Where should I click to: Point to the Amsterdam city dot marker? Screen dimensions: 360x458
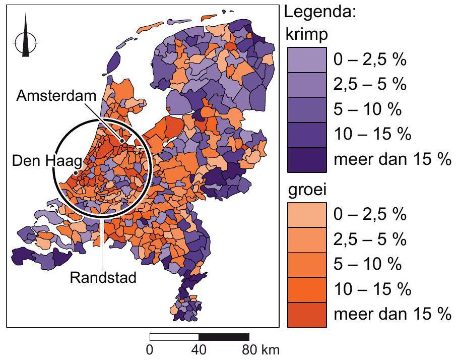point(122,141)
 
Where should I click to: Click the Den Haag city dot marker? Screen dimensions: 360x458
point(76,172)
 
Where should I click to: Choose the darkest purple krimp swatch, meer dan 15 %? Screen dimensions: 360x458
point(306,160)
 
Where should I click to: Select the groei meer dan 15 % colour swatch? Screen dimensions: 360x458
point(306,315)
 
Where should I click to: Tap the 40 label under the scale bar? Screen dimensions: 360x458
point(199,349)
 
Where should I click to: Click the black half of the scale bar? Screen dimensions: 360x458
point(224,337)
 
